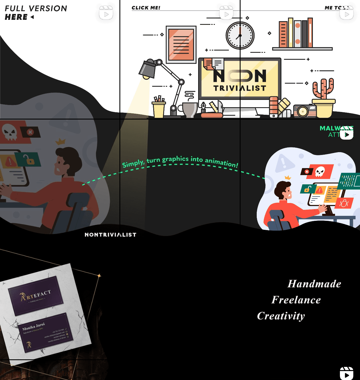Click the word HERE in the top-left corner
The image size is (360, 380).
coord(16,17)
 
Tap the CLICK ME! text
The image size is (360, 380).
coord(146,8)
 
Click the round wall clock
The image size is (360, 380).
coord(240,36)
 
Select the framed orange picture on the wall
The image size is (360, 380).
coord(181,45)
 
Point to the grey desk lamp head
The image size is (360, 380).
coord(147,69)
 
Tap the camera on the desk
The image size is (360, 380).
coord(304,111)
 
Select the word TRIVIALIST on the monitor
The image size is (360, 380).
coord(240,88)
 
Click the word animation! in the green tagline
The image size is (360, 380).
coord(221,162)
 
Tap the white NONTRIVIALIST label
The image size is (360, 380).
coord(111,235)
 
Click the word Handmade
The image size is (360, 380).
coord(314,284)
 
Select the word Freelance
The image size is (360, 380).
coord(296,300)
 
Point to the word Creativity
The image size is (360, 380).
coord(281,316)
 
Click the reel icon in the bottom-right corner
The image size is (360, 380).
coord(347,373)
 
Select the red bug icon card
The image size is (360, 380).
coord(344,203)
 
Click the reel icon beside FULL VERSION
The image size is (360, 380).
coord(106,13)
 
